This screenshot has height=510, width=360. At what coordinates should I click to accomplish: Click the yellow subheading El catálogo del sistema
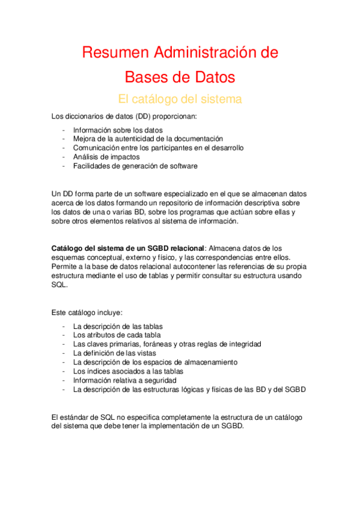tap(180, 99)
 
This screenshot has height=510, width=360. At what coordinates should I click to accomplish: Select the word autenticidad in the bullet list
tap(131, 139)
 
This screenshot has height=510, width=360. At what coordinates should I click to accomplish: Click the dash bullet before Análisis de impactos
tap(64, 157)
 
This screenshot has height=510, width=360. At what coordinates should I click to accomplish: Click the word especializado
tap(177, 194)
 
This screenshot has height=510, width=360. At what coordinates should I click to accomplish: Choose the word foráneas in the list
tap(166, 344)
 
